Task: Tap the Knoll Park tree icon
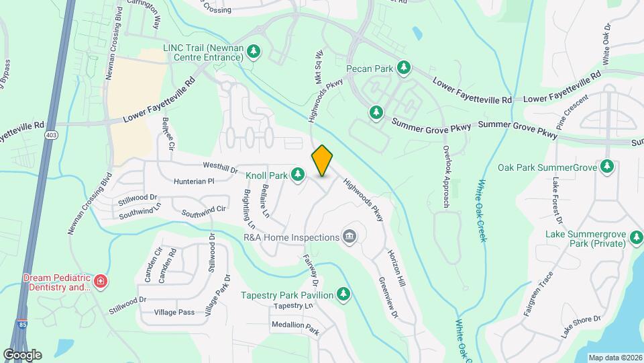coord(298,176)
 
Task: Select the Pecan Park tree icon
coord(403,67)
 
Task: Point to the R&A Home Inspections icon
coord(349,236)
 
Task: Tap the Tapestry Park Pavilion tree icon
coord(343,294)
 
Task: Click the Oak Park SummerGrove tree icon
coord(607,165)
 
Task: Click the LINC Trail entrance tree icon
coord(253,52)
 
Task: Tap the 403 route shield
coord(51,136)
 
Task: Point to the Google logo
coord(22,354)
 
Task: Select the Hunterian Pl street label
coord(192,181)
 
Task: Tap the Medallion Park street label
coord(294,327)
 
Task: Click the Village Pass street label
coord(174,313)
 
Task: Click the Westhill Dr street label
coord(220,167)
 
